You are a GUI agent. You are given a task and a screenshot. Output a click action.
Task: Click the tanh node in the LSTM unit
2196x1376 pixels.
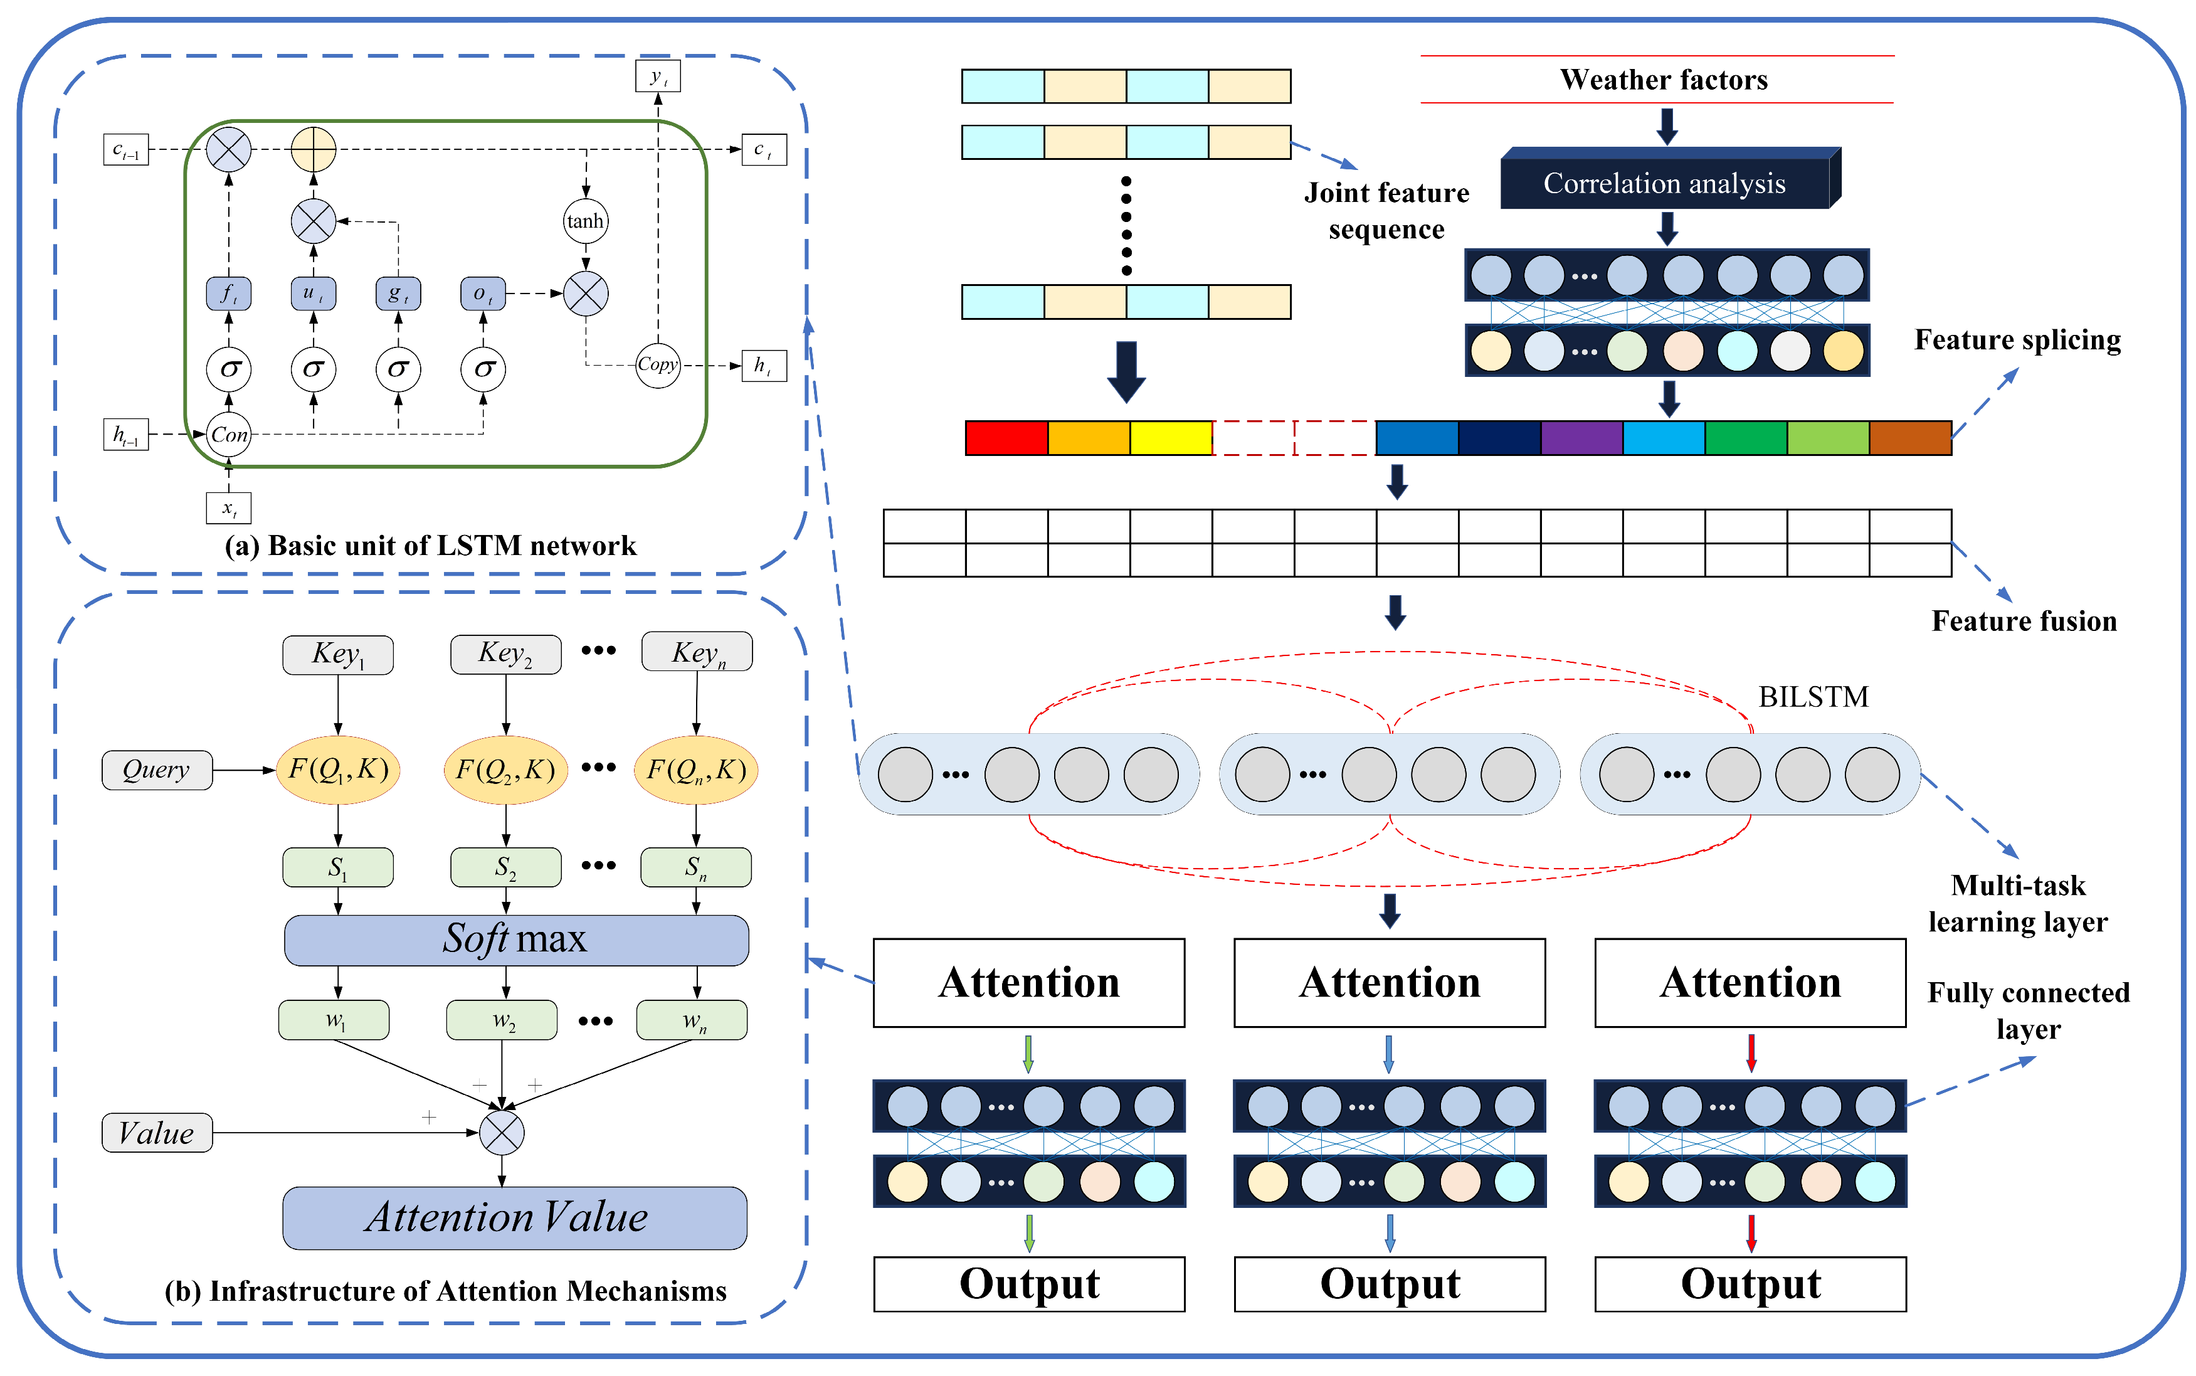pyautogui.click(x=585, y=221)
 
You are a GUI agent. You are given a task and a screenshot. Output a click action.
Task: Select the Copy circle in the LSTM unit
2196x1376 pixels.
pyautogui.click(x=658, y=365)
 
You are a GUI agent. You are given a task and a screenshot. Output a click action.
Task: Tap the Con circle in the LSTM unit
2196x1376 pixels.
pyautogui.click(x=230, y=435)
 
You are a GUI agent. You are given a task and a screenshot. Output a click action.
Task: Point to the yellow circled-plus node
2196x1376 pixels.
pyautogui.click(x=314, y=149)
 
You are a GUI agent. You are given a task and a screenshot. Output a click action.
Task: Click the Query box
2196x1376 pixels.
pyautogui.click(x=157, y=770)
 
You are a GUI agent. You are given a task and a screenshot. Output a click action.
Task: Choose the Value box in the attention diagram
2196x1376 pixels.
pyautogui.click(x=157, y=1133)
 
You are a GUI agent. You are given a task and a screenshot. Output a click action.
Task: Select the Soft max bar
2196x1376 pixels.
pyautogui.click(x=516, y=939)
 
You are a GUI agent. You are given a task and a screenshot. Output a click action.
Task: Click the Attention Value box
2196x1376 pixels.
pyautogui.click(x=515, y=1218)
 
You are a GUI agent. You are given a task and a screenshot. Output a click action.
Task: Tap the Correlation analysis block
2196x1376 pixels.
pyautogui.click(x=1665, y=183)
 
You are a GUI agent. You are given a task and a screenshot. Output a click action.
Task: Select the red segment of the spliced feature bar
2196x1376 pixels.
pyautogui.click(x=1006, y=438)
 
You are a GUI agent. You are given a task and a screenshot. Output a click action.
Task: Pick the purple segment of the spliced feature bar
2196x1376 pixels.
pyautogui.click(x=1581, y=438)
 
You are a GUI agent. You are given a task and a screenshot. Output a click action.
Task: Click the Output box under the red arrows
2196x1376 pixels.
pyautogui.click(x=1750, y=1284)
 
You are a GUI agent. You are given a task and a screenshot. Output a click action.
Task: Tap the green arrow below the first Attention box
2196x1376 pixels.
pyautogui.click(x=1028, y=1053)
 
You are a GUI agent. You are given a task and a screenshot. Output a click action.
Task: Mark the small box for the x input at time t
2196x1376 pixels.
pyautogui.click(x=228, y=508)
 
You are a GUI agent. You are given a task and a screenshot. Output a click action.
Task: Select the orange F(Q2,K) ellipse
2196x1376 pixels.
pyautogui.click(x=506, y=770)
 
